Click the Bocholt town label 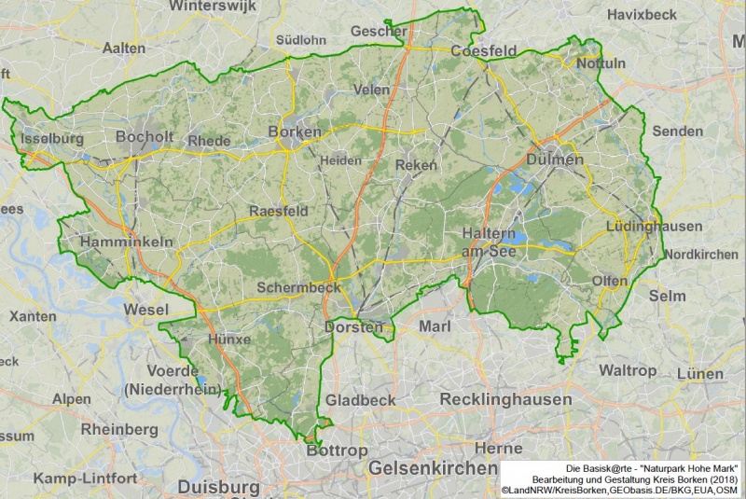pos(145,136)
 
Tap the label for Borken pos(295,132)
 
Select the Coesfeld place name pos(483,50)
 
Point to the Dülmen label pos(555,159)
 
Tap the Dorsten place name pos(353,327)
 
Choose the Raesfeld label pos(279,212)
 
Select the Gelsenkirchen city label pos(432,467)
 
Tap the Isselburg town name pos(51,139)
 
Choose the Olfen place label pos(609,281)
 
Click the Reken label pos(416,165)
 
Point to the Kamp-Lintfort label pos(85,478)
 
